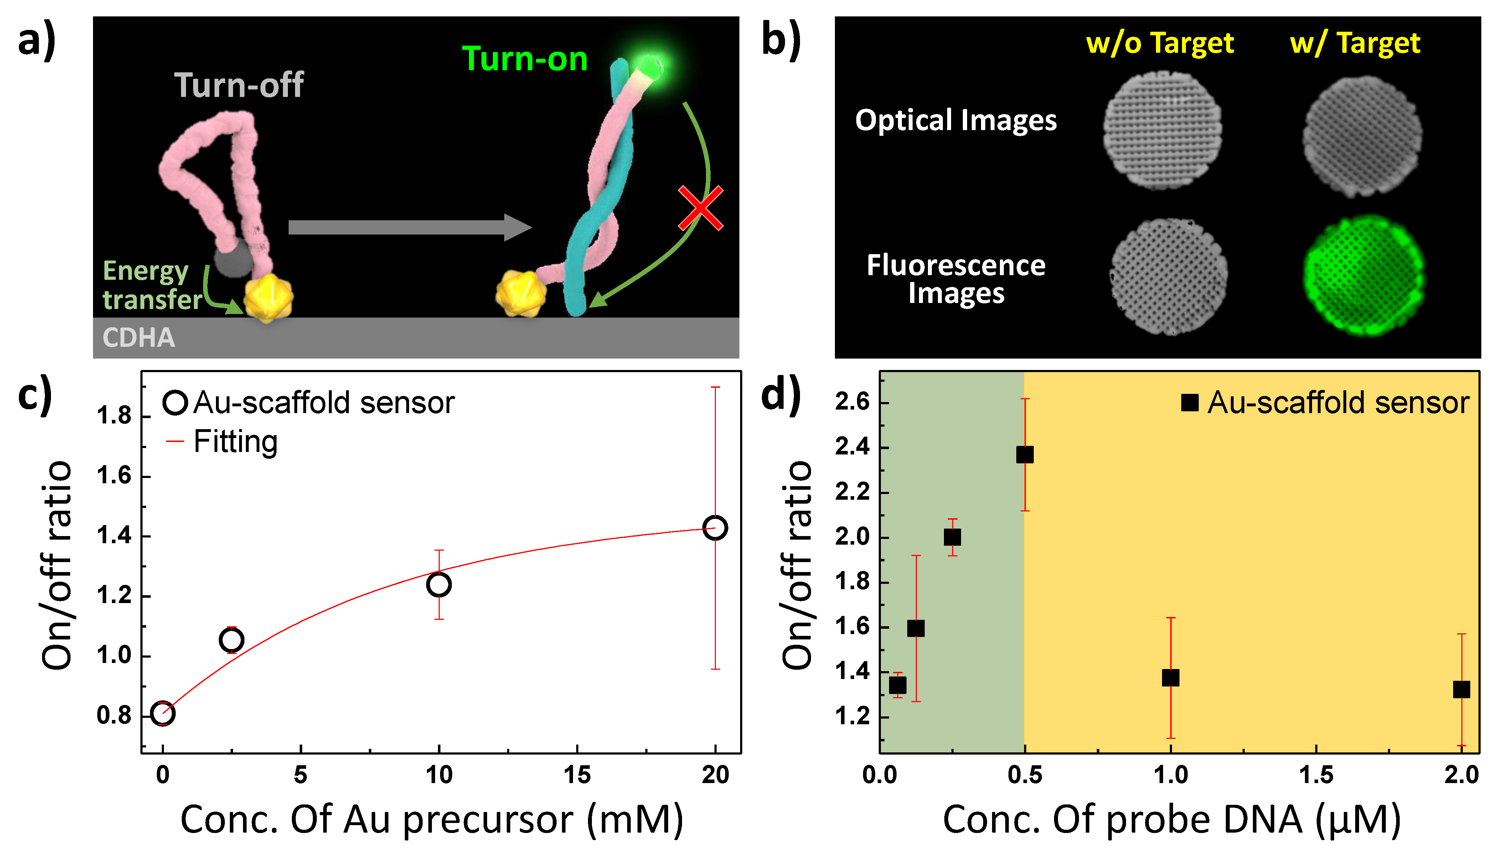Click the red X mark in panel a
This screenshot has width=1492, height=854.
701,208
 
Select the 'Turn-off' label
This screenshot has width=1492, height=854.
239,85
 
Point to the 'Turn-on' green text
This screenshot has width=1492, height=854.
525,59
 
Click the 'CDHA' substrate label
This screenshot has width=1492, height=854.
138,338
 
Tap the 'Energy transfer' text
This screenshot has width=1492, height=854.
151,285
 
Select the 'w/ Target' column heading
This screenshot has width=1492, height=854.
1355,43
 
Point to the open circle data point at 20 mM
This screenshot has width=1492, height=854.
715,528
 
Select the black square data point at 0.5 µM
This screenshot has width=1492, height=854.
1025,454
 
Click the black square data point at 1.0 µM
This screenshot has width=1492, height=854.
1170,678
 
